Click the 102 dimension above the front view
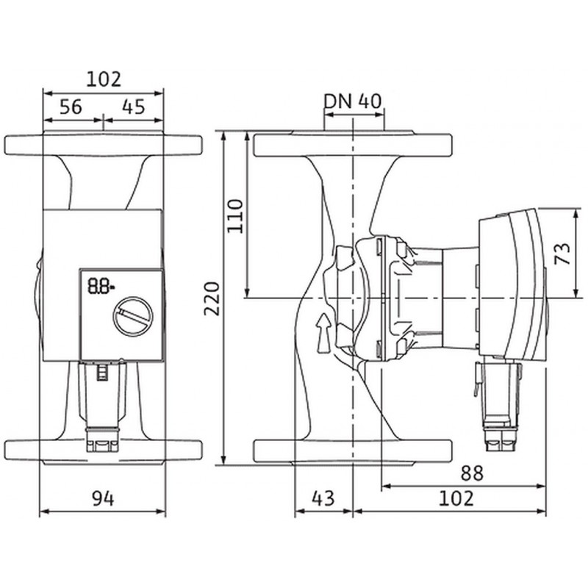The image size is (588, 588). point(104,79)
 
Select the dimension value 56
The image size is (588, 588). point(71,107)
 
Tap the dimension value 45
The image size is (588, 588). point(132,107)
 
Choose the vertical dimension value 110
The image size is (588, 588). point(234,215)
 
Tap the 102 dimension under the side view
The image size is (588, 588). point(456,498)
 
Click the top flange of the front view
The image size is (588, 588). point(103,144)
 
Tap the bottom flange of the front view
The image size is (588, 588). point(103,449)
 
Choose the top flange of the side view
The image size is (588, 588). point(354,145)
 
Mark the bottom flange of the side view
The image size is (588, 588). point(354,450)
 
